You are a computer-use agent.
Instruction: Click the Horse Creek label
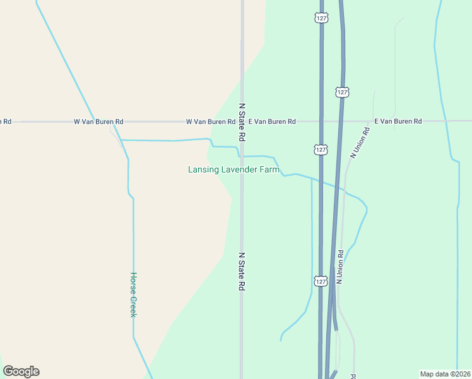coord(133,294)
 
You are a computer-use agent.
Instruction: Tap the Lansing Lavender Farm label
coord(233,169)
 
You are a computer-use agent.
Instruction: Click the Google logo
coord(21,371)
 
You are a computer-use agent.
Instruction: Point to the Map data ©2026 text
coord(444,374)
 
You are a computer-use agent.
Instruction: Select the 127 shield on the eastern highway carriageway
coord(342,92)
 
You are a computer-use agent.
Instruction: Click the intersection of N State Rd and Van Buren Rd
coord(242,121)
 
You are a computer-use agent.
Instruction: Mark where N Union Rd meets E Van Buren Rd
coord(374,121)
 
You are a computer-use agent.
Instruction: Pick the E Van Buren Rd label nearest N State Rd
coord(272,121)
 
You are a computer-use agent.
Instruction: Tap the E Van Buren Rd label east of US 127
coord(398,121)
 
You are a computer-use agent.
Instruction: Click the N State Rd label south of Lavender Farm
coord(241,272)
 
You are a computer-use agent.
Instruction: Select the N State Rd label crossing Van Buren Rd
coord(241,123)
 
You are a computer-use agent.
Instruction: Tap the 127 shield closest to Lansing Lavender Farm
coord(321,150)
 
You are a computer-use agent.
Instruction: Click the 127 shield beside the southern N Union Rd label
coord(321,280)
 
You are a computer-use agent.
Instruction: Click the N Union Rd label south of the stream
coord(339,267)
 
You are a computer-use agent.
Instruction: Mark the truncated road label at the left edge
coord(6,121)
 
